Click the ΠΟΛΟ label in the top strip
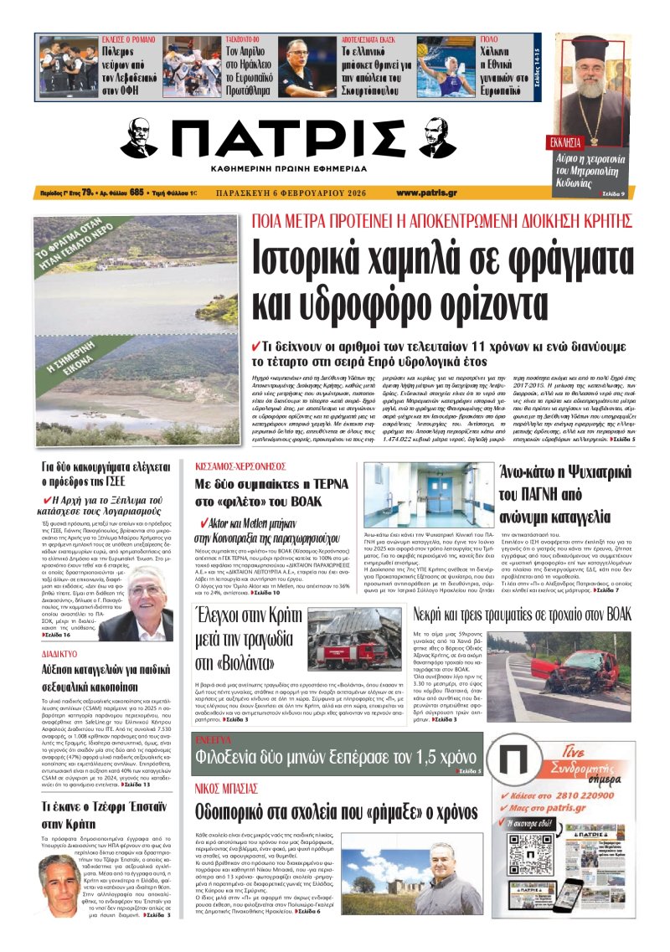pyautogui.click(x=491, y=40)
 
